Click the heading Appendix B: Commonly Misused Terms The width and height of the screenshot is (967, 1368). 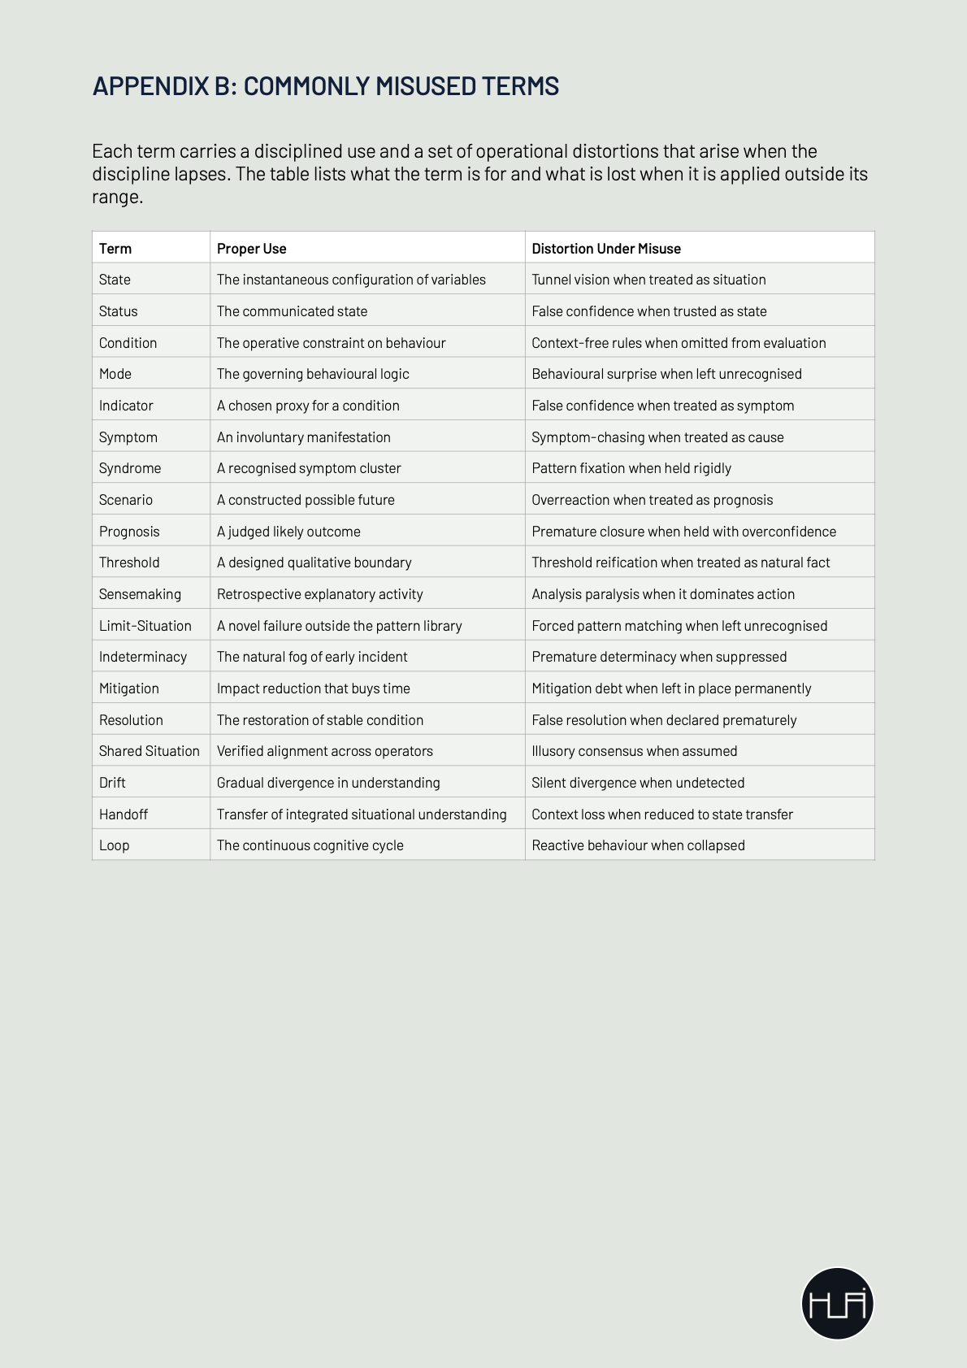coord(325,86)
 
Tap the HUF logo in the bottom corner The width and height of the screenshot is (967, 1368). coord(837,1303)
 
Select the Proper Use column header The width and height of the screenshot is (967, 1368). coord(252,249)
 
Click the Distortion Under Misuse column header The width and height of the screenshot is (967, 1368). coord(606,249)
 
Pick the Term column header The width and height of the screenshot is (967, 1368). coord(115,249)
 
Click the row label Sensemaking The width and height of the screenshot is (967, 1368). coord(140,594)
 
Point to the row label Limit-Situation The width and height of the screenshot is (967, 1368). coord(145,626)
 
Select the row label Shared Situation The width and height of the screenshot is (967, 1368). coord(150,751)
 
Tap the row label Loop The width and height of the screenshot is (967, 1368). coord(115,845)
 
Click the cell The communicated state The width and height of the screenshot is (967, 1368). coord(292,311)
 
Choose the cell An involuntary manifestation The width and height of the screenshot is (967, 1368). coord(303,437)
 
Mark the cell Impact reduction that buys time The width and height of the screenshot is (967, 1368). coord(313,688)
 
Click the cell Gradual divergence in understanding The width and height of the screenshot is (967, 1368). coord(328,783)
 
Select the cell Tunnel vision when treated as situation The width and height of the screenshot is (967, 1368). coord(648,280)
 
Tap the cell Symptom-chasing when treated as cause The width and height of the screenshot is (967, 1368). coord(657,437)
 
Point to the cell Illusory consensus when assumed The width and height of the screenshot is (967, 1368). coord(634,751)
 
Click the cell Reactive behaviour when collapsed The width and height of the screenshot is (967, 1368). coord(638,845)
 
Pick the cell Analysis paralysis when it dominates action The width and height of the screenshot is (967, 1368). coord(663,594)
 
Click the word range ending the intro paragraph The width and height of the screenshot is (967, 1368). coord(117,198)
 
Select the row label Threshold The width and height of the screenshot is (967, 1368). coord(129,562)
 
